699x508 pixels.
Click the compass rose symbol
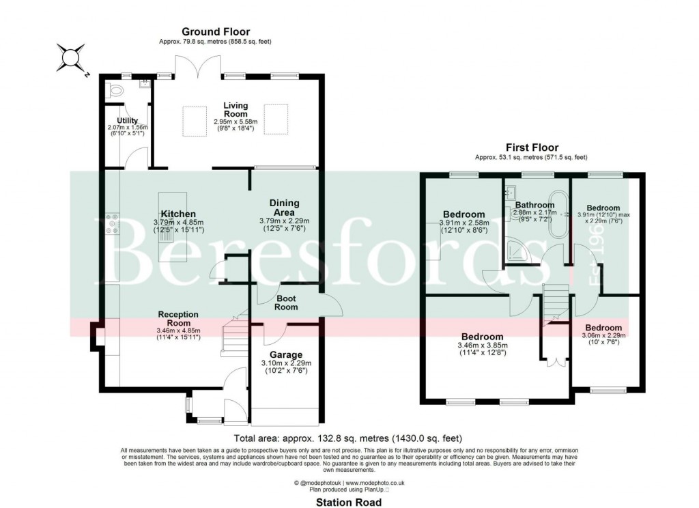pyautogui.click(x=70, y=57)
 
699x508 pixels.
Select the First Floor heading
pyautogui.click(x=532, y=147)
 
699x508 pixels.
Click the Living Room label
pyautogui.click(x=236, y=110)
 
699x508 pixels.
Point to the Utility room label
pyautogui.click(x=127, y=120)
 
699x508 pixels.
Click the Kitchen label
pyautogui.click(x=179, y=214)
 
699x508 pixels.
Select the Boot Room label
pyautogui.click(x=287, y=302)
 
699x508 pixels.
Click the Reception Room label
pyautogui.click(x=178, y=319)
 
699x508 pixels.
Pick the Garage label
pyautogui.click(x=285, y=354)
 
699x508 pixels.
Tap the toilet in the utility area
pyautogui.click(x=115, y=90)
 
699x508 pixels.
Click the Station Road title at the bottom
pyautogui.click(x=348, y=502)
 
